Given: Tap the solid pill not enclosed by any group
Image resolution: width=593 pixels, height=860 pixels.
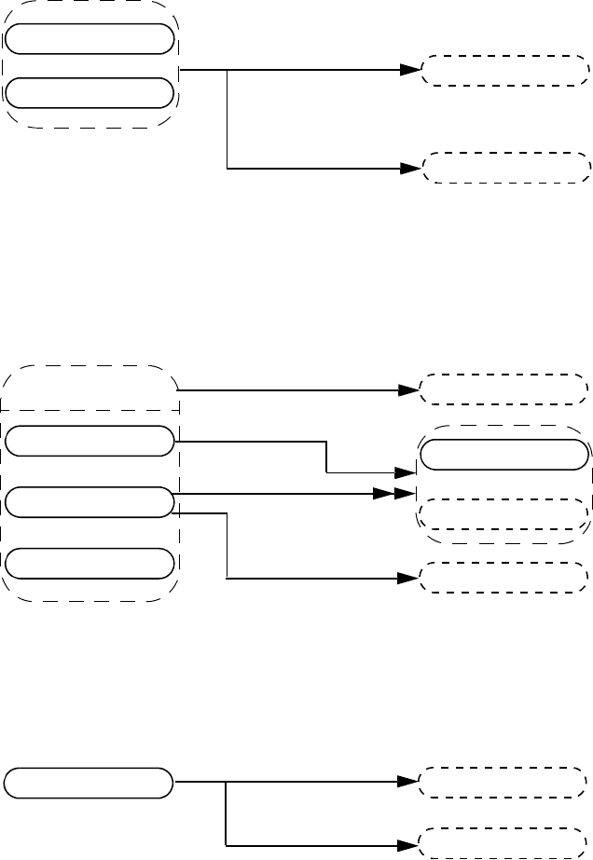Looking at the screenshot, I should tap(90, 783).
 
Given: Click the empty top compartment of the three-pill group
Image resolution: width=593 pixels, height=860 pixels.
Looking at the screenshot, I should tap(90, 389).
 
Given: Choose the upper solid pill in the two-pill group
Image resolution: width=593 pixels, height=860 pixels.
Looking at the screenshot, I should tap(90, 38).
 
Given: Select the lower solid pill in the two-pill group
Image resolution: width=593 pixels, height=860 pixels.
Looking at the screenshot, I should tap(90, 92).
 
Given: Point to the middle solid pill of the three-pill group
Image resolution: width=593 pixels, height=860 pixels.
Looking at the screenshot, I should tap(90, 502).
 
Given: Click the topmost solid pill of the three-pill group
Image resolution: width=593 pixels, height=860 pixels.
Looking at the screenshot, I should tap(90, 442).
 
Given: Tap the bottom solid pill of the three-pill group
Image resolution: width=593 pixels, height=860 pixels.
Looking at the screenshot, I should tap(90, 564).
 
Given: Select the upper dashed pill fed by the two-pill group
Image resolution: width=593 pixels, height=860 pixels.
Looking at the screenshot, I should tap(507, 70).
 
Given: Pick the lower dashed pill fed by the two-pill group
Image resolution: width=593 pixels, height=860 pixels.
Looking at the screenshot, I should tap(507, 169).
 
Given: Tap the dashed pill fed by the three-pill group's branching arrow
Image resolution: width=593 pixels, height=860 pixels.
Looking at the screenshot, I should tap(504, 578).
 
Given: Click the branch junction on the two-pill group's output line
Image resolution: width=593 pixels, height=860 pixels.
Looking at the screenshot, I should tap(228, 70).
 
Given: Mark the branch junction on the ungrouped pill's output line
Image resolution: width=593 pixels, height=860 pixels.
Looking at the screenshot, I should tap(227, 783).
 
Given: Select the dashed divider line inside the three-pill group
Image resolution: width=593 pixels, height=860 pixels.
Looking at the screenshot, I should tap(90, 409).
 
